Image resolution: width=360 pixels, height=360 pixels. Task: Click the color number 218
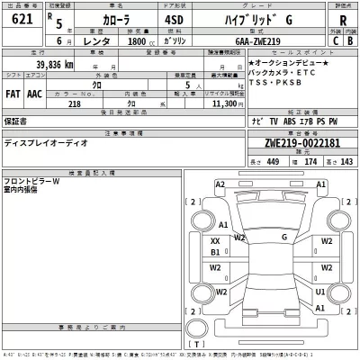74,104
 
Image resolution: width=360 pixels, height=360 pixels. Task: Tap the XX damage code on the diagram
215,241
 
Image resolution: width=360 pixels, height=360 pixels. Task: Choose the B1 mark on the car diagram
215,253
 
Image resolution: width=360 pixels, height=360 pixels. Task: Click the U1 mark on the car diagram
320,292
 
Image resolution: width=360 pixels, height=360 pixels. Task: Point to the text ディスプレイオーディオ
45,141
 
